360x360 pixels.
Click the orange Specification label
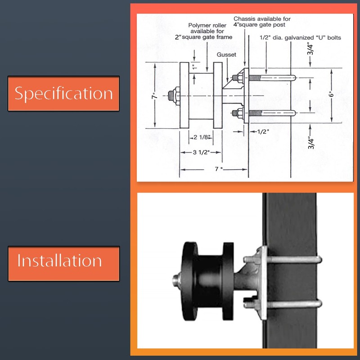tap(63, 93)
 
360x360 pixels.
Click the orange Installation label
tap(63, 261)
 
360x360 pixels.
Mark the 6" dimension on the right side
tap(332, 95)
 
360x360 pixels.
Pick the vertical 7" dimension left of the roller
tap(154, 96)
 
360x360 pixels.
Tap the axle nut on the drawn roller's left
tap(173, 96)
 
